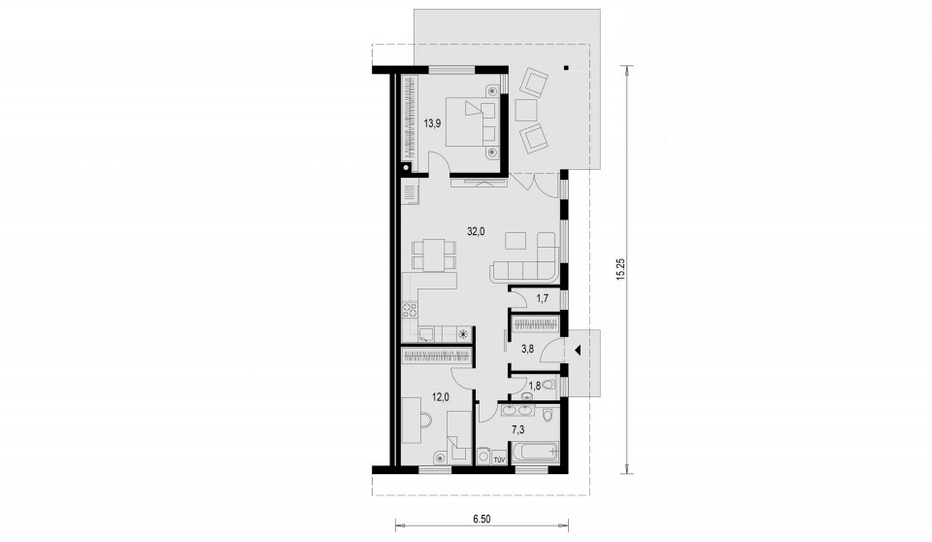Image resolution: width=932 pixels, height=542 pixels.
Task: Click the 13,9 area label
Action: [x=431, y=123]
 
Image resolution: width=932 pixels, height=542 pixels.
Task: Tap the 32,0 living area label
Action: [x=476, y=232]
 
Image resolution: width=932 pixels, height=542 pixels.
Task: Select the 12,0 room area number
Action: [x=440, y=398]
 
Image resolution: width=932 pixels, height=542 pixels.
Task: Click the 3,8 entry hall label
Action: [x=527, y=350]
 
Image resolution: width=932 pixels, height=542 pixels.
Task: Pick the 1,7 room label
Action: [x=542, y=298]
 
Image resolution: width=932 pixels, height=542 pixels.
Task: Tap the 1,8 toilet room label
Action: [x=534, y=386]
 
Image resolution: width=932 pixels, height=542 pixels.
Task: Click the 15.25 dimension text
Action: [x=620, y=268]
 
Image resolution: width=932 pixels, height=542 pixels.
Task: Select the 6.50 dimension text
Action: [x=483, y=520]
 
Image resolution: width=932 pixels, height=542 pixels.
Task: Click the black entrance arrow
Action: [x=576, y=350]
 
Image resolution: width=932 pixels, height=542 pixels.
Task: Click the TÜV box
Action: [x=499, y=458]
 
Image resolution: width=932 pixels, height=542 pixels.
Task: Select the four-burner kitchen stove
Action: [x=410, y=311]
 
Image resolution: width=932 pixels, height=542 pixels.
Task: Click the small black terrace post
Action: [x=567, y=67]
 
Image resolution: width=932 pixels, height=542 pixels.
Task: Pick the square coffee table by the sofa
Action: [x=515, y=240]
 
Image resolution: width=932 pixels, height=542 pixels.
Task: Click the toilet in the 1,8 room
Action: [x=549, y=386]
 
